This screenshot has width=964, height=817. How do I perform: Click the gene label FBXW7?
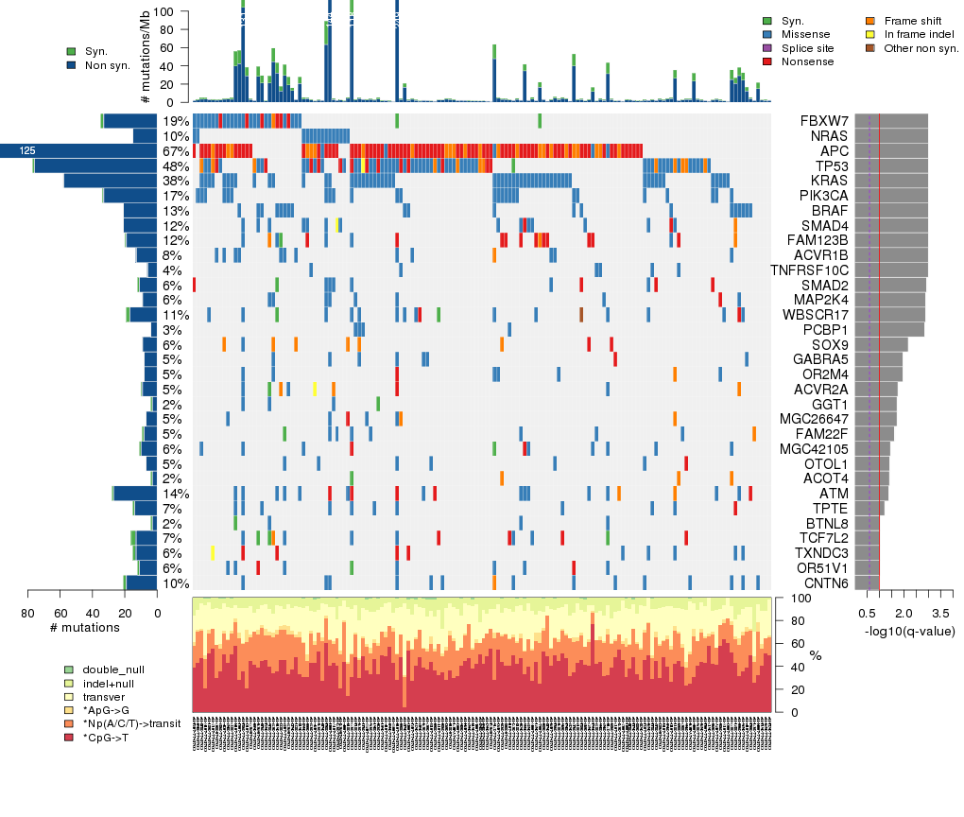pos(824,121)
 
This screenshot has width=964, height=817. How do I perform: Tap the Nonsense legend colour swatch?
pos(767,61)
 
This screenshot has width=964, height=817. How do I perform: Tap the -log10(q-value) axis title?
pos(909,632)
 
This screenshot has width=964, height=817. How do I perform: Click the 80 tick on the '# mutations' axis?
pos(28,614)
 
